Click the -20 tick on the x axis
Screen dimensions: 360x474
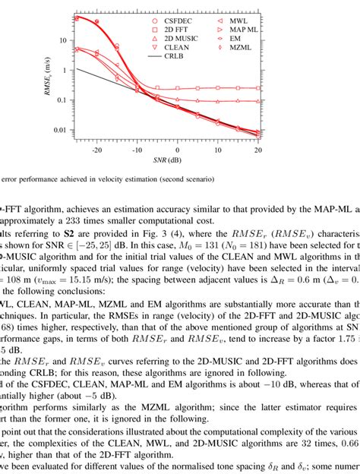(97, 150)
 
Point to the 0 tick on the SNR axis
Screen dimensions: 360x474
(178, 150)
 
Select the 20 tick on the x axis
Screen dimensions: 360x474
(257, 150)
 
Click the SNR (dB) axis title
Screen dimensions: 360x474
(178, 161)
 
